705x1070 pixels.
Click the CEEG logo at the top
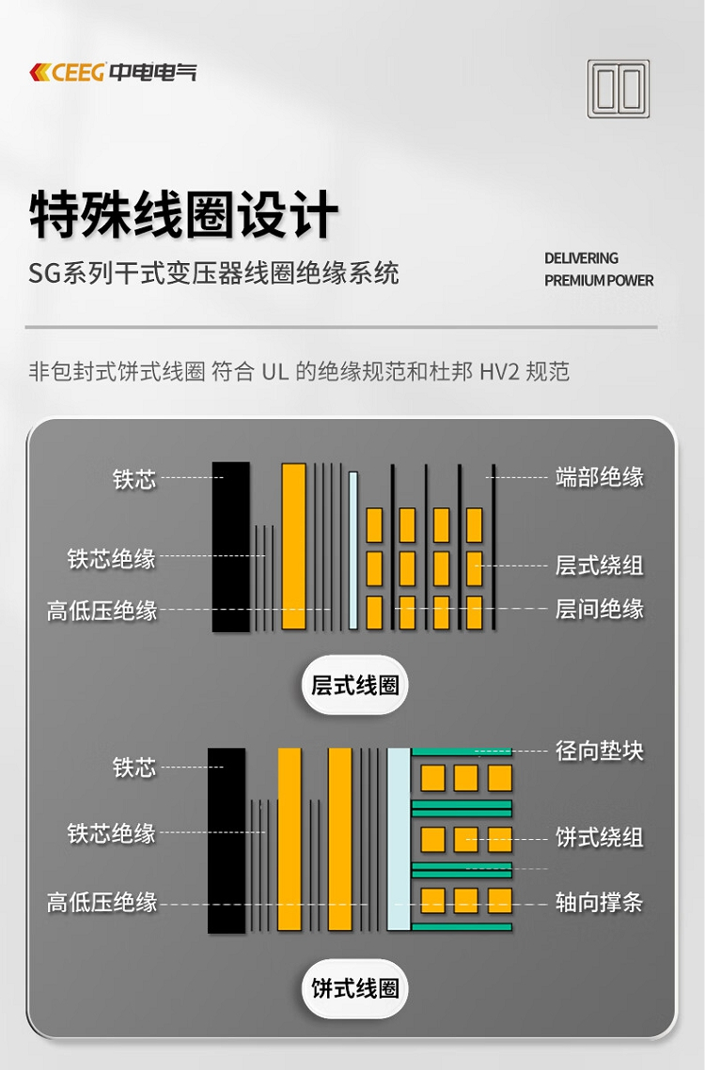point(113,71)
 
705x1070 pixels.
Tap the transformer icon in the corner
point(619,88)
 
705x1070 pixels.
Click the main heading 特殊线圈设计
point(183,214)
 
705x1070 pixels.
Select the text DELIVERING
point(581,258)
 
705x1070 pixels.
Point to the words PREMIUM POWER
point(599,280)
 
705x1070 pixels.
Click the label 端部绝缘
point(600,477)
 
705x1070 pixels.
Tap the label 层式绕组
point(600,565)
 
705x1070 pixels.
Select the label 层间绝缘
point(600,609)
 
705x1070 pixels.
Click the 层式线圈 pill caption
point(354,685)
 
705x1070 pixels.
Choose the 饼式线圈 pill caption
point(354,988)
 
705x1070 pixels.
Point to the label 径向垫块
point(600,751)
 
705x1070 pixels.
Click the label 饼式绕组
point(600,837)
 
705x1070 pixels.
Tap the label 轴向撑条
point(600,902)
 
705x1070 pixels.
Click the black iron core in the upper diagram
point(231,547)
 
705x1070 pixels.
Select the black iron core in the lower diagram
point(227,840)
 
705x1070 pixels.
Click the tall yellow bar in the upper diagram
point(293,546)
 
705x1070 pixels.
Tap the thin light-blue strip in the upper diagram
point(353,550)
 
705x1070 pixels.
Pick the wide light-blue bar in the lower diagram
point(399,839)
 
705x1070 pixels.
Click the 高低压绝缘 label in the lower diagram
point(102,902)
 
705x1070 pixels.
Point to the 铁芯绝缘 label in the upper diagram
point(111,559)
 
